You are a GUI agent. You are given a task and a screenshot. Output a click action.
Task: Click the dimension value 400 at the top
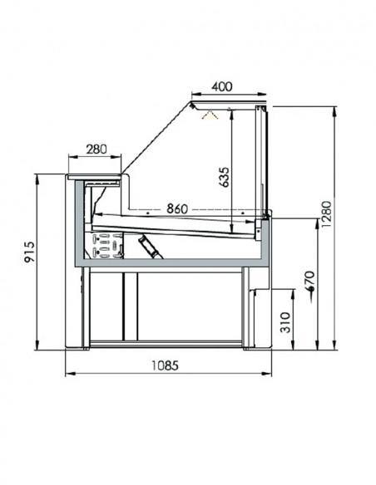(221, 86)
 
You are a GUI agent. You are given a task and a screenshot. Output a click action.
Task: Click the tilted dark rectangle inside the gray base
(150, 247)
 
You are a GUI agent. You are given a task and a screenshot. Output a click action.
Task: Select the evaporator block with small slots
(108, 244)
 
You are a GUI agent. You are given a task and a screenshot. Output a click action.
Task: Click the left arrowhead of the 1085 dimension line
(67, 373)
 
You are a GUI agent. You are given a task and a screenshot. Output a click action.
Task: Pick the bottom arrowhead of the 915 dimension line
(37, 347)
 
